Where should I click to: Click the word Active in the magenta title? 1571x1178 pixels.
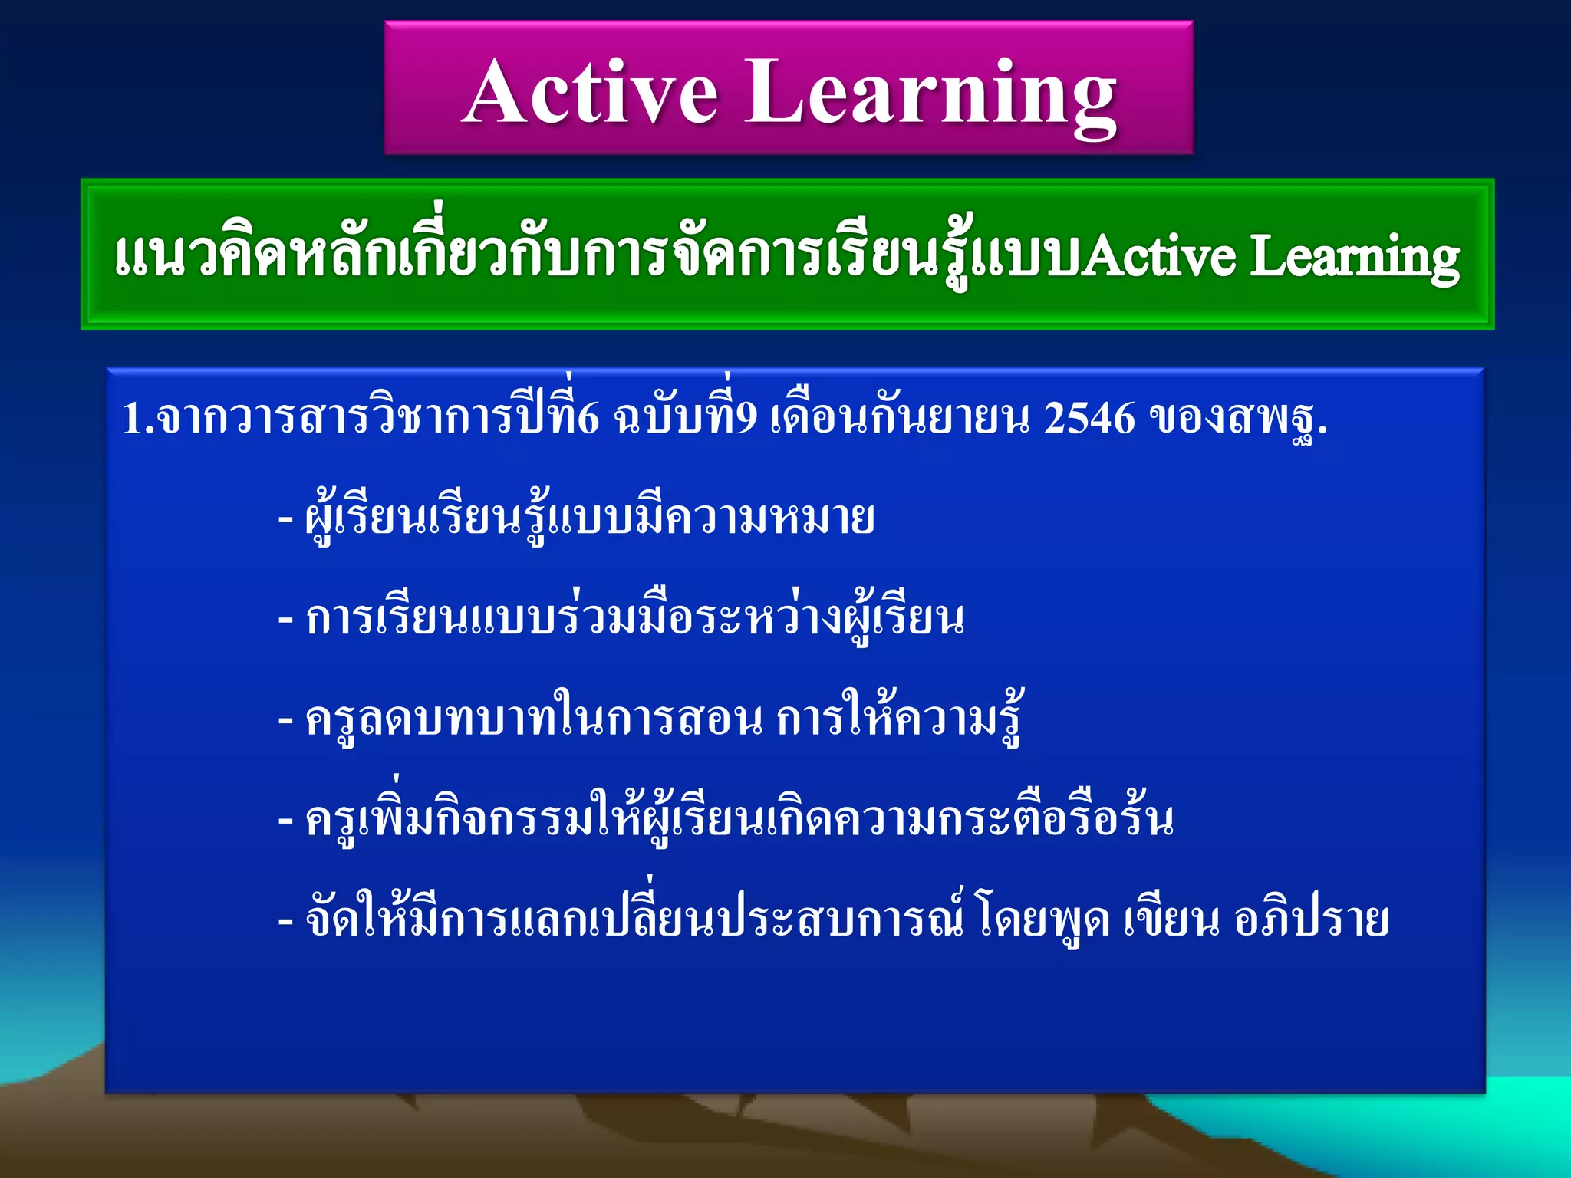point(591,92)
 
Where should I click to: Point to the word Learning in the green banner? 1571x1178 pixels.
point(1354,256)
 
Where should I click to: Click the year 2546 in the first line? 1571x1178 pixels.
point(1089,420)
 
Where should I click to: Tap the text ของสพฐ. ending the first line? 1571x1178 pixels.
point(1238,420)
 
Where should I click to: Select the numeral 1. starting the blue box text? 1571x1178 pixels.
point(138,420)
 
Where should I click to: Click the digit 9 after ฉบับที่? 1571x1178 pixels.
point(745,420)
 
